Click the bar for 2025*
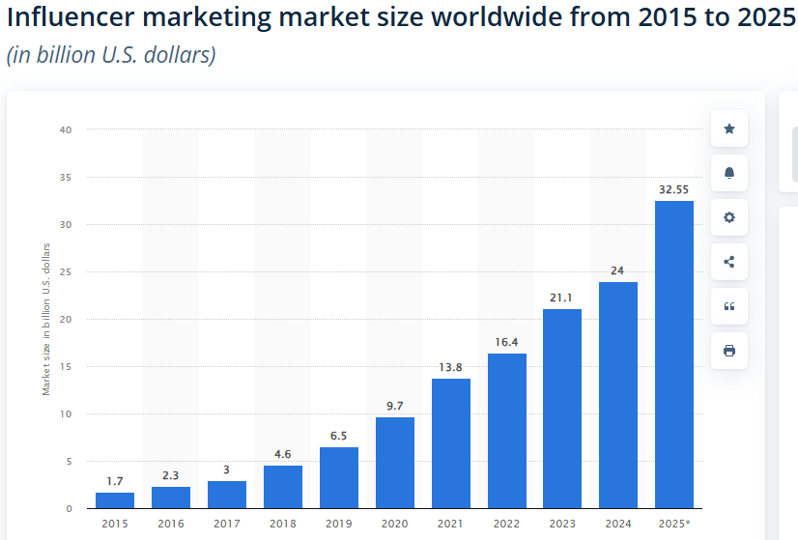point(673,355)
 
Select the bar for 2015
point(115,500)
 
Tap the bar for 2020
point(394,463)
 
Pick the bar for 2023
point(562,409)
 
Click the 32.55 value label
point(673,190)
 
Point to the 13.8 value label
point(450,368)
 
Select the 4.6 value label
point(282,454)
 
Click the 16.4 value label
point(506,343)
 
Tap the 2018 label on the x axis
point(282,524)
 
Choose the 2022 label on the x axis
point(506,524)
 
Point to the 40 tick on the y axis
point(67,129)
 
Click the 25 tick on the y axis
point(67,271)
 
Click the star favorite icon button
point(729,128)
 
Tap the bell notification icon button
point(729,173)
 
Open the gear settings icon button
point(729,217)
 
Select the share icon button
point(729,262)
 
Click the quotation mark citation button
point(729,306)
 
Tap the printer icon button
point(729,351)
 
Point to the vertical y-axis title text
point(45,319)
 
